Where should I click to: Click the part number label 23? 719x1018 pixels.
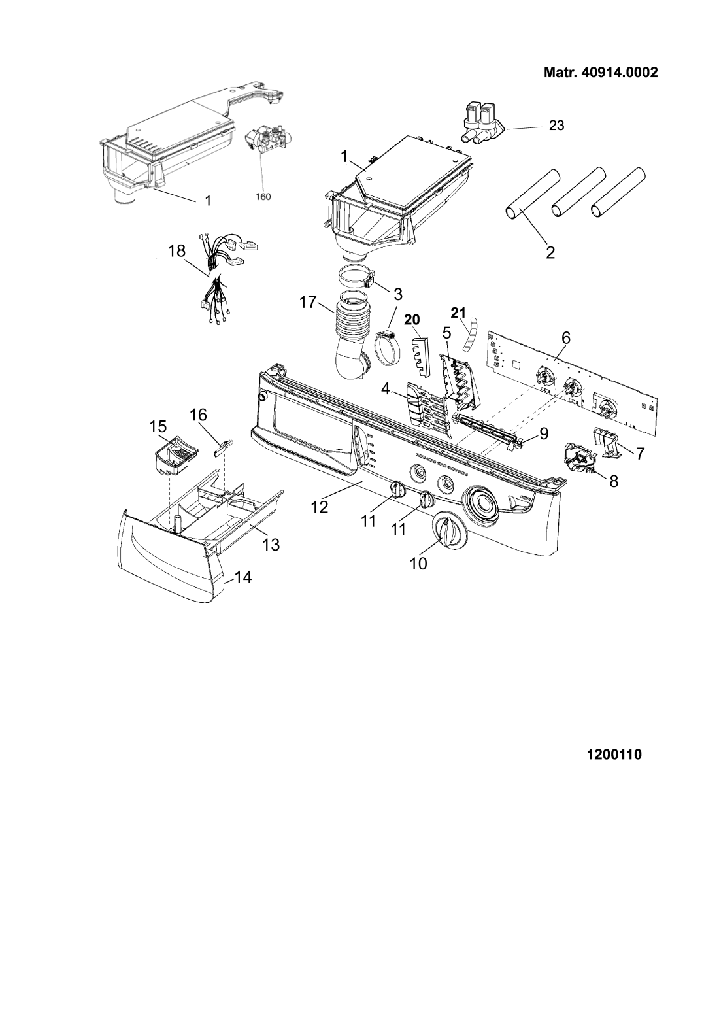coord(556,125)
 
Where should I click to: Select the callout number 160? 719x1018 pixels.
coord(263,197)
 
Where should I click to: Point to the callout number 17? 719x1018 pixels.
coord(309,302)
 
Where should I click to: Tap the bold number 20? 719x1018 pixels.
coord(412,320)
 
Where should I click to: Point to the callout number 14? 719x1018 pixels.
coord(244,577)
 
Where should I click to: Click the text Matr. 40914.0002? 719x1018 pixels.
coord(601,73)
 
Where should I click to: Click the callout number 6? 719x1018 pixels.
coord(565,338)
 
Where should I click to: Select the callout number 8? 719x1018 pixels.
coord(614,481)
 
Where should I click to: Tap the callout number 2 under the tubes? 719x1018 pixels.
coord(550,252)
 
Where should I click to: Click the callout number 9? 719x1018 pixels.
coord(544,433)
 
